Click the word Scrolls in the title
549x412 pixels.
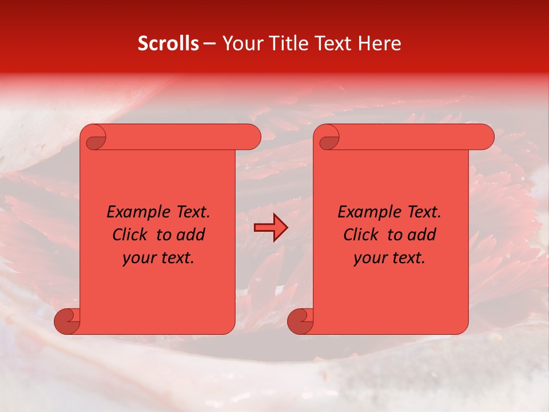[168, 43]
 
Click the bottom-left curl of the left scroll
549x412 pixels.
[67, 322]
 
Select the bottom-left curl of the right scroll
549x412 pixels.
[301, 322]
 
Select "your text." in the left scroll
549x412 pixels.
[158, 257]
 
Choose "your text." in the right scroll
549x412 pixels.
[389, 257]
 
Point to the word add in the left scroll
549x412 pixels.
[191, 235]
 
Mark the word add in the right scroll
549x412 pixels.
[422, 235]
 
